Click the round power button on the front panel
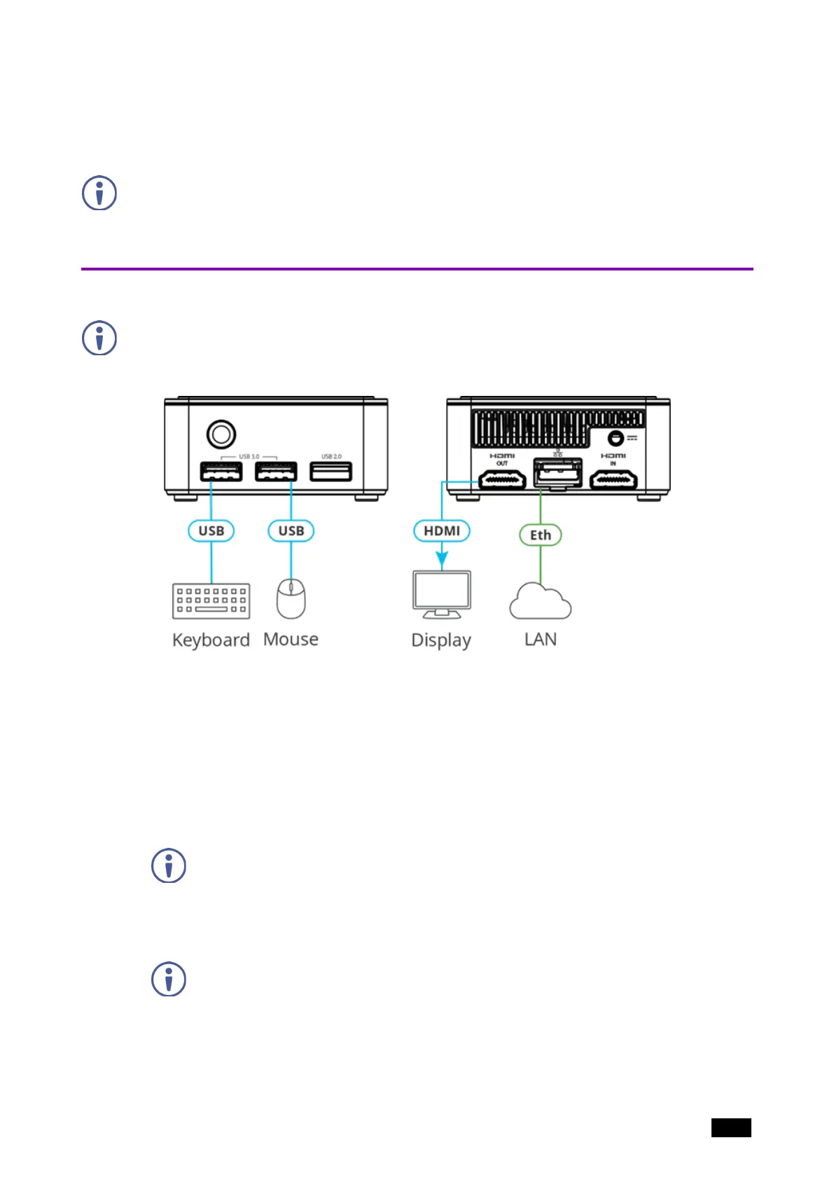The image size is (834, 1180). tap(221, 434)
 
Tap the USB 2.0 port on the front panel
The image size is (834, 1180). tap(331, 472)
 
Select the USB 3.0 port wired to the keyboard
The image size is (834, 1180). tap(221, 472)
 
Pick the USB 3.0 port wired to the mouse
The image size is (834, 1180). tap(276, 472)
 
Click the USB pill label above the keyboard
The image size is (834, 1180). tap(211, 531)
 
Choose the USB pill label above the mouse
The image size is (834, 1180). tap(291, 531)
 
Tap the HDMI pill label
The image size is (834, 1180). tap(442, 531)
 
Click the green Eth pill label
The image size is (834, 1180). tap(540, 535)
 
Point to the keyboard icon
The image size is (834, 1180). tap(211, 601)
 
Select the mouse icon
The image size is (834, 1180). tap(291, 599)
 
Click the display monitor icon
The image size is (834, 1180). tap(442, 594)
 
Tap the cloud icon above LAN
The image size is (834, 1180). tap(540, 603)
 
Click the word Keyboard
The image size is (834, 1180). tap(211, 640)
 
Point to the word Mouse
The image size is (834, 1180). tap(291, 639)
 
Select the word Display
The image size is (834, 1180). tap(441, 640)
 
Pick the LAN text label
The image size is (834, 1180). tap(540, 639)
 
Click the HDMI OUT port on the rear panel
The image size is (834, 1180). tap(502, 480)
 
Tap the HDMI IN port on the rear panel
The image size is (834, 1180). tap(613, 480)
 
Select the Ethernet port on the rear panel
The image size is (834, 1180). tap(557, 474)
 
